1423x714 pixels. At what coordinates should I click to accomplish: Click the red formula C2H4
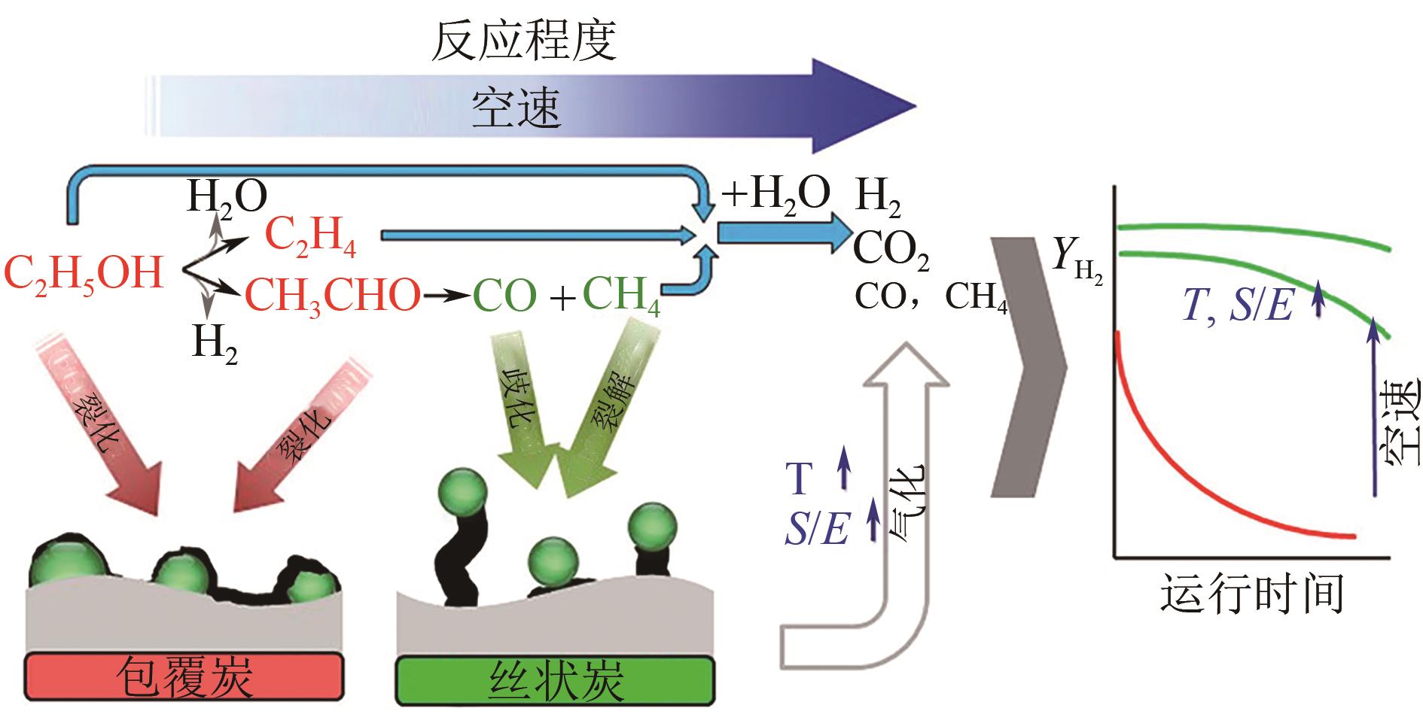pos(311,239)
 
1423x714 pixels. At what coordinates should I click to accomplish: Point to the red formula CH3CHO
pos(332,296)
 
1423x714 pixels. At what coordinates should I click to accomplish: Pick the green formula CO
pos(504,296)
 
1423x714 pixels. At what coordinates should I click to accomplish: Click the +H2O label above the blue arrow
pos(776,193)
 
